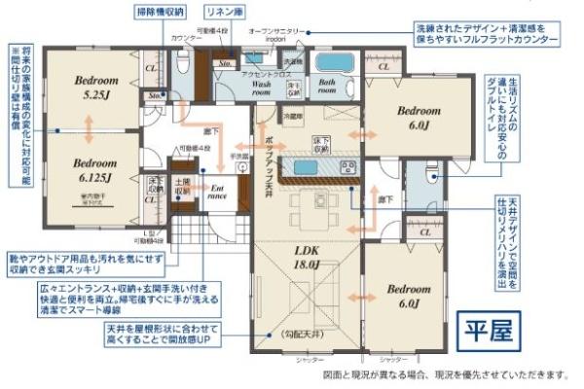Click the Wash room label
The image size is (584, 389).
(x=262, y=90)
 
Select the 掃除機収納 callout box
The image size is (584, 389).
(x=159, y=13)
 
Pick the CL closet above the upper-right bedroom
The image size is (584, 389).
(x=383, y=66)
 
